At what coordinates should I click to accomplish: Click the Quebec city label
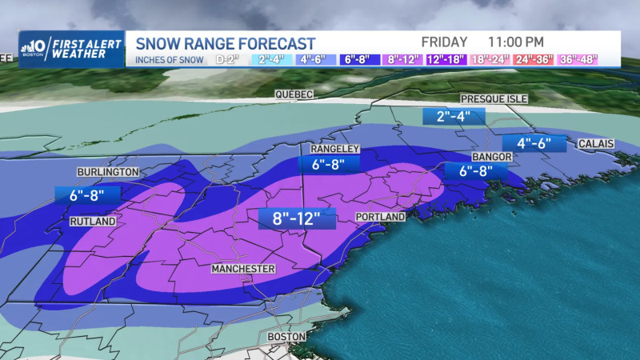pos(294,94)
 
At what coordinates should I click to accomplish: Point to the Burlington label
pos(108,172)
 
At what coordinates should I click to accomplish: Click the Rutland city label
pos(93,221)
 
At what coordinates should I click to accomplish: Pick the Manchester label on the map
pos(243,269)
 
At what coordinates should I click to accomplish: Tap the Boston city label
pos(287,337)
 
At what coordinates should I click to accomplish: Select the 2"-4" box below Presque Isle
pos(454,117)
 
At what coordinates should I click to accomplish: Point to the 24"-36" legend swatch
pos(547,59)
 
